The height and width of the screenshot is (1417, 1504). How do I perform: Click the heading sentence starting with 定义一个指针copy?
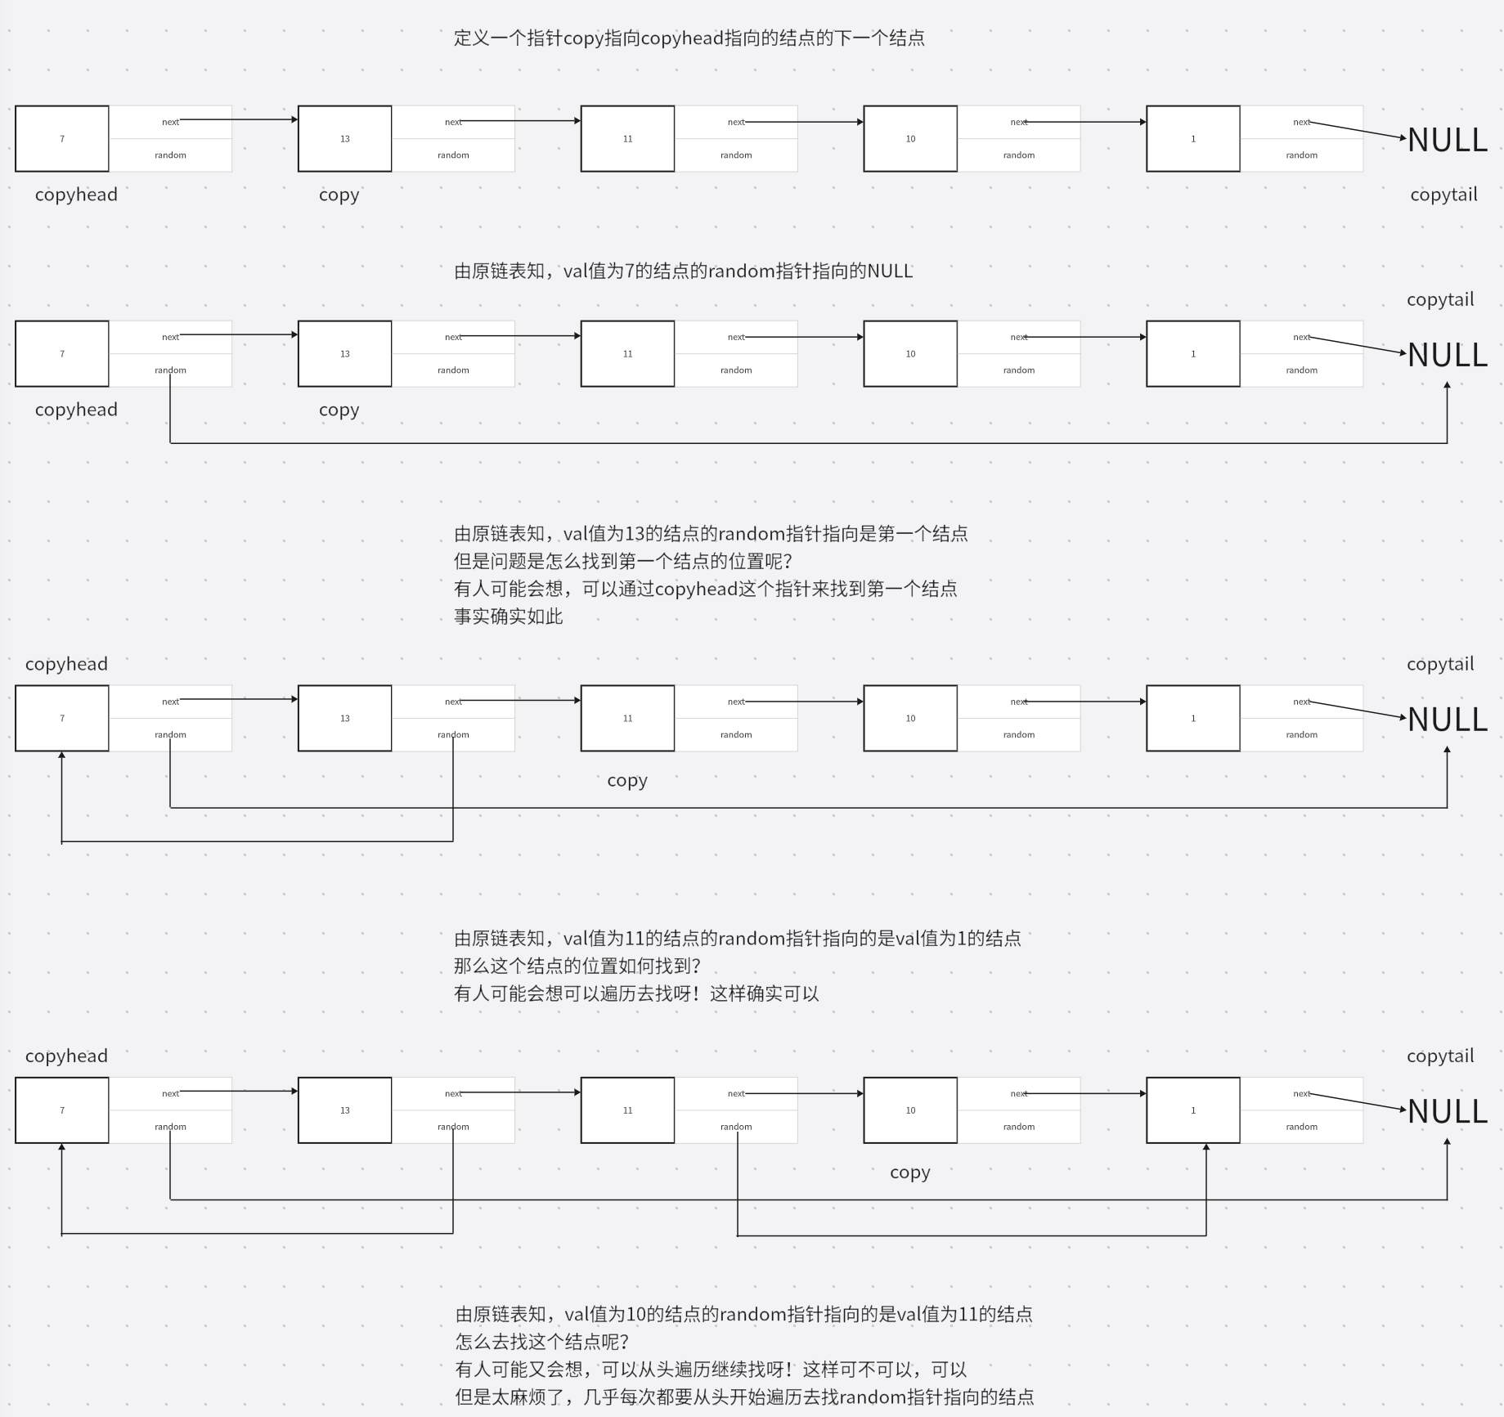[x=689, y=38]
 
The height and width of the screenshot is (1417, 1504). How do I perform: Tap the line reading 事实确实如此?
[x=508, y=617]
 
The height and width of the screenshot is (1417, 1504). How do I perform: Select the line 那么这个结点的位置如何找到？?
[x=577, y=966]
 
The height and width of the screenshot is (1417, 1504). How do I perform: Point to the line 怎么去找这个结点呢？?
[x=542, y=1342]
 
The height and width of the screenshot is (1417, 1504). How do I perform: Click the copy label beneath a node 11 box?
[x=627, y=781]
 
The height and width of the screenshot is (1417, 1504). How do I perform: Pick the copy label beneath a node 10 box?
[x=909, y=1173]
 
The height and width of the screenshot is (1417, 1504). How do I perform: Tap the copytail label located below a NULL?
[x=1443, y=195]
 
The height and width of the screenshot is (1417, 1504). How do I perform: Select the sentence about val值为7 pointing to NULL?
[x=683, y=271]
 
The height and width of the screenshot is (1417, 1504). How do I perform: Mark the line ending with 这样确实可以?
[x=636, y=994]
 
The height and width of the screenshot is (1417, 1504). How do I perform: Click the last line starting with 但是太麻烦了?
[x=744, y=1397]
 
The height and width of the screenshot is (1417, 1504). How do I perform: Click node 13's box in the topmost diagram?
[x=344, y=139]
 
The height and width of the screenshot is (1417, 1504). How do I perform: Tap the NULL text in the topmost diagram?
[x=1447, y=141]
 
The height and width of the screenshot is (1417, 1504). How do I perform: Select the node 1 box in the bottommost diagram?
[x=1192, y=1110]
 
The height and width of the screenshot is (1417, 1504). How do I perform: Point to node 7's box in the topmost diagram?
[x=62, y=139]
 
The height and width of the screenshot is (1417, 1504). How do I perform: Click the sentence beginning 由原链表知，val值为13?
[x=710, y=535]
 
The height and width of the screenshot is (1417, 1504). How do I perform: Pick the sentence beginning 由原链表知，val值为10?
[x=743, y=1315]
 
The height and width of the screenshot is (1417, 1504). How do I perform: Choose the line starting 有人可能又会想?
[x=711, y=1370]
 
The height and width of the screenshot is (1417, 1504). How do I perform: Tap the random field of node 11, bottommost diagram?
[x=736, y=1127]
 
